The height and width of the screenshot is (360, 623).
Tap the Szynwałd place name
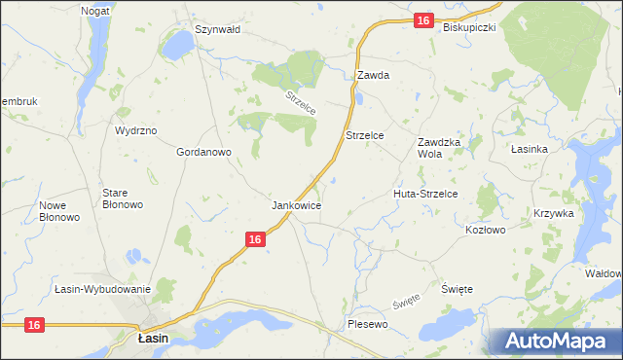point(217,29)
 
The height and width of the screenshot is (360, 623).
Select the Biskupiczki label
point(469,27)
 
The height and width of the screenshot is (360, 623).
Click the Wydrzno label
point(135,129)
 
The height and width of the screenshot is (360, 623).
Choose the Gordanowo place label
point(202,152)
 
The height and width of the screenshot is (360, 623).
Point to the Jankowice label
point(297,206)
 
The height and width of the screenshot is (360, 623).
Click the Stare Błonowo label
point(123,198)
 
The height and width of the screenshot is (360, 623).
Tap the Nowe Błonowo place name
point(59,211)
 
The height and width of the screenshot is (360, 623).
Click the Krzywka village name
point(554,213)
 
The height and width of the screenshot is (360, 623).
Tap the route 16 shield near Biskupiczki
point(421,20)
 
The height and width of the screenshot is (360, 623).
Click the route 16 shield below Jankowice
point(254,238)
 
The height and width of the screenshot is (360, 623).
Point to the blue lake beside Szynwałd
point(179,45)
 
